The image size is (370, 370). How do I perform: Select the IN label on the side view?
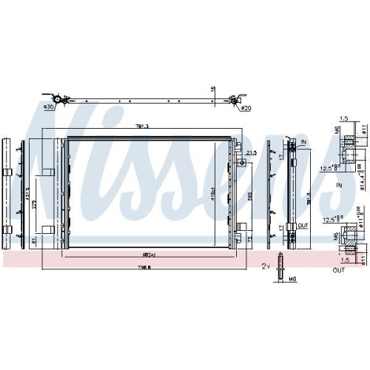[303, 141]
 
